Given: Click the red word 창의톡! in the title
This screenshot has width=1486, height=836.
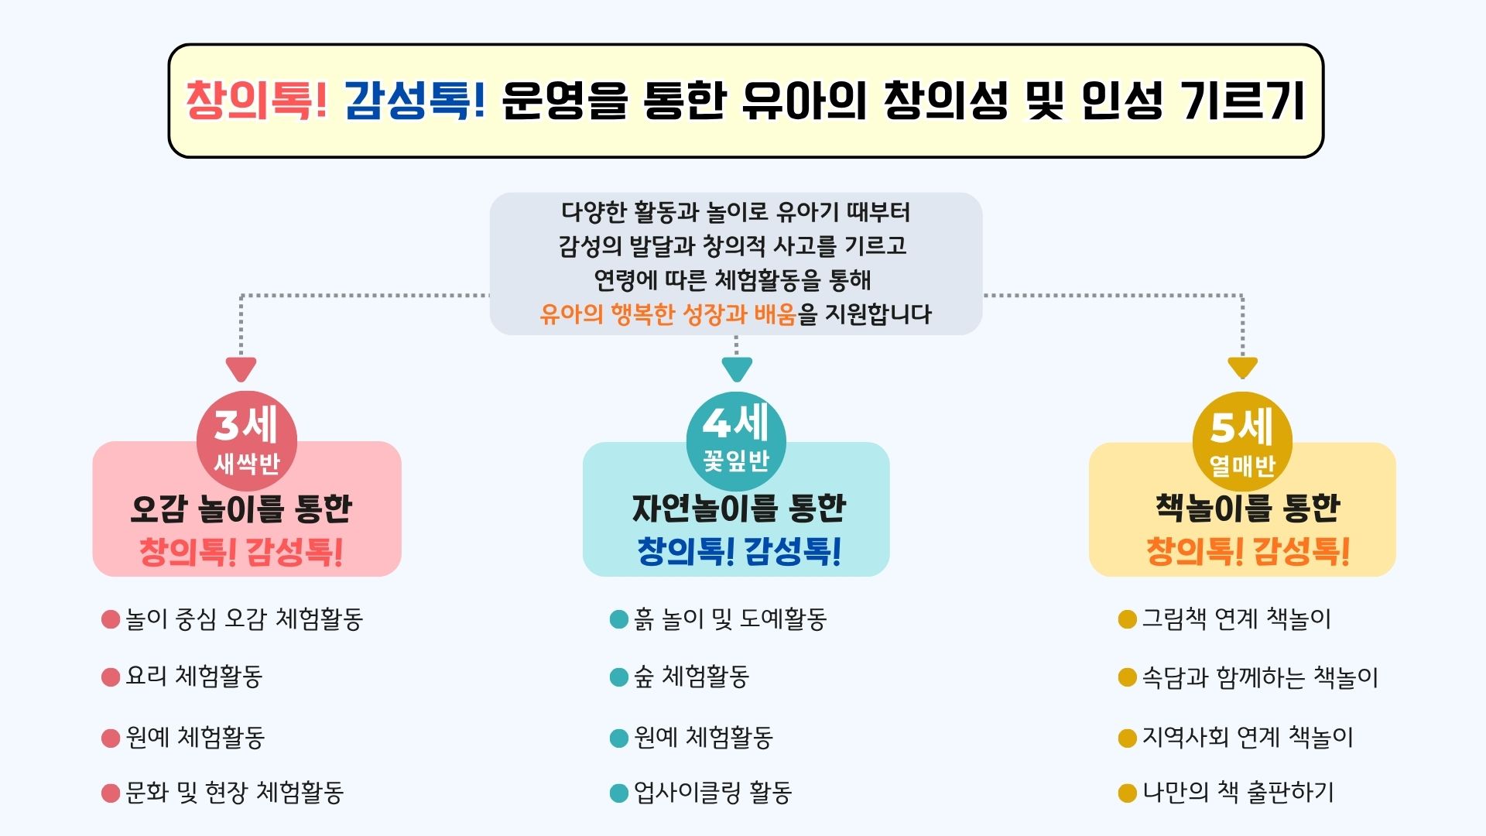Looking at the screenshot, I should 256,101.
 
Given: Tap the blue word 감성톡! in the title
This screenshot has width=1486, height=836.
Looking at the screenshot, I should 415,101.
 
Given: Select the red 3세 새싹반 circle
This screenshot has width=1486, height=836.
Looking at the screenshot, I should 247,441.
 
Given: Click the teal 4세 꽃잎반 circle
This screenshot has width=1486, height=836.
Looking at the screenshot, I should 736,441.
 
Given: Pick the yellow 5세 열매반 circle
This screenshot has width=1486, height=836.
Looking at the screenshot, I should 1242,442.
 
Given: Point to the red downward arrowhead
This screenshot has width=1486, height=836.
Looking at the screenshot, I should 241,368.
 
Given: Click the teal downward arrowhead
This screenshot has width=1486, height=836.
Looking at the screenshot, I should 737,368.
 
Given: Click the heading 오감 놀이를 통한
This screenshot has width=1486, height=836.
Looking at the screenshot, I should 241,509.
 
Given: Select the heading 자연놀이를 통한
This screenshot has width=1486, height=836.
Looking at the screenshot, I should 739,509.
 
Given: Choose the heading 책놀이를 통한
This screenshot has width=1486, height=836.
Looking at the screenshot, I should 1248,508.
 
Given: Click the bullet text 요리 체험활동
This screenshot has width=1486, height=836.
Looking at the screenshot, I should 194,677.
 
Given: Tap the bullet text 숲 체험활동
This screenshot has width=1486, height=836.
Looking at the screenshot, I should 691,677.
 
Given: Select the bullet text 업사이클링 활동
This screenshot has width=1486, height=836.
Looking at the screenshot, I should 713,793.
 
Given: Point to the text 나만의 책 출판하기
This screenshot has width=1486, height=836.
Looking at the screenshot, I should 1238,793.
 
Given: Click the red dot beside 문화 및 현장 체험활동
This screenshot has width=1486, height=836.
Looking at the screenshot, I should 111,793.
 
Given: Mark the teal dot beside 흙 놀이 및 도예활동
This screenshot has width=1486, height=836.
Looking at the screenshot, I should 619,619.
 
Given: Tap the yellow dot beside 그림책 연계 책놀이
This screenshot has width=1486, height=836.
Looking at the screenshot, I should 1128,619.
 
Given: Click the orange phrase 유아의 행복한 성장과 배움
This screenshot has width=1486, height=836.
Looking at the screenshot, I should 668,314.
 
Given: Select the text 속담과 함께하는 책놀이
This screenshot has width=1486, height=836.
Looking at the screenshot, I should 1260,677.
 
